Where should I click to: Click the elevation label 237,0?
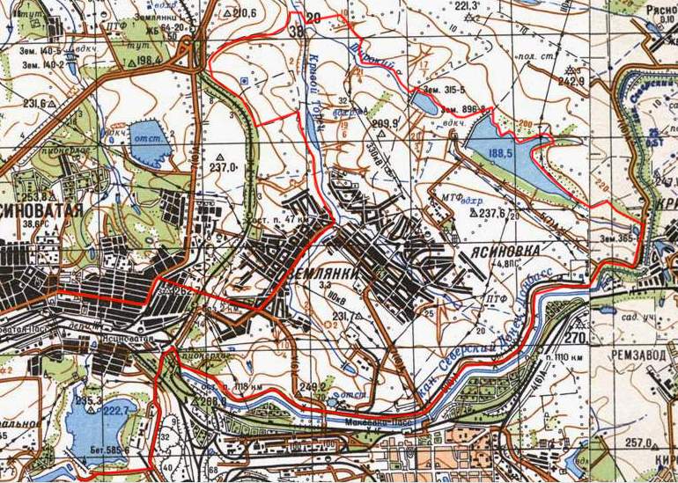click(x=225, y=166)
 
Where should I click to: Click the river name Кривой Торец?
click(x=313, y=88)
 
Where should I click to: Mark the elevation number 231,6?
click(x=34, y=103)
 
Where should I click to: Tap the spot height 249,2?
click(x=313, y=385)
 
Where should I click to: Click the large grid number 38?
click(x=296, y=32)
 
